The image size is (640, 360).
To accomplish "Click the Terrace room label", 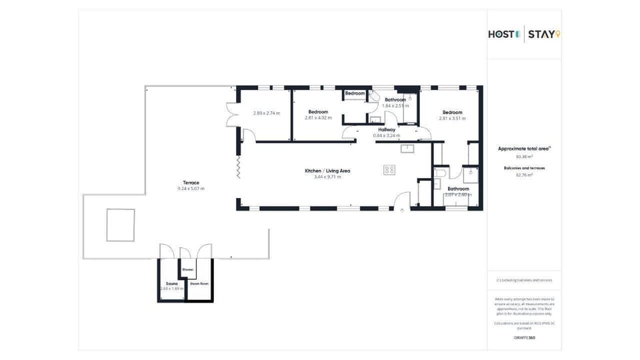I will pos(191,183).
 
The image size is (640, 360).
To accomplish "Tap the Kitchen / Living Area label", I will pos(327,171).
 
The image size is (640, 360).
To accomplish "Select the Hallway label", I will pos(387,129).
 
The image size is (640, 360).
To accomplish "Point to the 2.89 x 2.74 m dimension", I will pos(266,113).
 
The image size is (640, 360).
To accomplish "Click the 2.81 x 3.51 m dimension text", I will pos(452,118).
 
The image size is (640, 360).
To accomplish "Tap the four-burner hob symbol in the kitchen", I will pos(389,170).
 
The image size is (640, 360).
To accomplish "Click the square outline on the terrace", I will pos(120,225).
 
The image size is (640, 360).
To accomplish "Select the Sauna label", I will pos(172,283).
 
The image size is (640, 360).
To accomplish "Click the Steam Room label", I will pos(199,284).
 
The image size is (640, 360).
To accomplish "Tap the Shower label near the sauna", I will pos(187,269).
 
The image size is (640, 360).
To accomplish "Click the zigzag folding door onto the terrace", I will pos(238,167).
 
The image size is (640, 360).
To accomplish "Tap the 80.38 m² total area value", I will pos(524,157).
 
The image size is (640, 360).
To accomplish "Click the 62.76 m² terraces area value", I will pos(524,175).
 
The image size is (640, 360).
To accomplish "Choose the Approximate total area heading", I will pos(524,149).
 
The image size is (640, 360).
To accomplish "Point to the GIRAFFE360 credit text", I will pos(524,338).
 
